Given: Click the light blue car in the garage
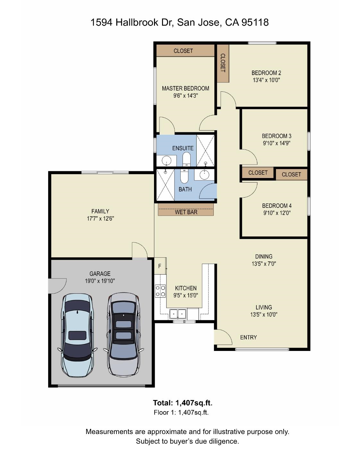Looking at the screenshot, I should [x=77, y=336].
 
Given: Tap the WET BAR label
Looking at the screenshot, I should [x=186, y=212].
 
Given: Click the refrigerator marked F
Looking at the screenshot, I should [x=160, y=266].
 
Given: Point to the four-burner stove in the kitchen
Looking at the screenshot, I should [x=160, y=291].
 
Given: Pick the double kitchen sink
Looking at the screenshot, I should [x=178, y=313].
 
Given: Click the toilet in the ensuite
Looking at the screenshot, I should [x=186, y=159].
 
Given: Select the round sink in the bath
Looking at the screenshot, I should [x=204, y=175].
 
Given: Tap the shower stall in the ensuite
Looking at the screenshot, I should [x=205, y=150].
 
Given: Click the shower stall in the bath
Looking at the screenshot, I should [x=165, y=185].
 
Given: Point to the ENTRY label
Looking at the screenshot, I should [x=248, y=337].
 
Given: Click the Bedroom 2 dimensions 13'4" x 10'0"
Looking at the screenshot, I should [x=266, y=80].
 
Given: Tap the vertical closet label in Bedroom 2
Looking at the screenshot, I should [x=223, y=63].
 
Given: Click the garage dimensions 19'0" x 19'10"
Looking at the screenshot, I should [x=100, y=281].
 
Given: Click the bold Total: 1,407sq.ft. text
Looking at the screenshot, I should [x=183, y=403].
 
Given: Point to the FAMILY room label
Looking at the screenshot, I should [x=100, y=211].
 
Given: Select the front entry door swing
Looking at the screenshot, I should [x=223, y=337].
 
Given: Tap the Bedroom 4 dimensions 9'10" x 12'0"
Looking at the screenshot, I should [x=277, y=213].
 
